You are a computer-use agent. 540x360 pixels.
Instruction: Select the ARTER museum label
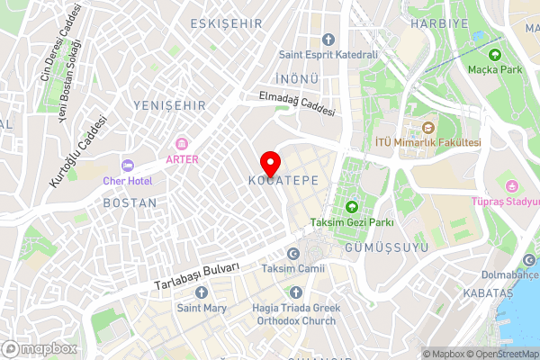click(x=181, y=159)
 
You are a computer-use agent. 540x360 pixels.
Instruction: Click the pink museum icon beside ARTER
click(x=181, y=144)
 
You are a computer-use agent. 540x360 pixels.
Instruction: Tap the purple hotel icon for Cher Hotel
click(x=127, y=166)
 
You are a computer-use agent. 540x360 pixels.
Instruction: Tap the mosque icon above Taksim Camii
click(x=292, y=254)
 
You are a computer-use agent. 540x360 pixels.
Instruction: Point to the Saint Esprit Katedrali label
click(x=328, y=54)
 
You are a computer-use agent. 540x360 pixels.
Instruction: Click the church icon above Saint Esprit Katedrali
click(x=328, y=39)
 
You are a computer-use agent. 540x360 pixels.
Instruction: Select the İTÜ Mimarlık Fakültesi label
click(x=427, y=142)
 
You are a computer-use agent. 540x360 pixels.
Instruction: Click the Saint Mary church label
click(x=201, y=308)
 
